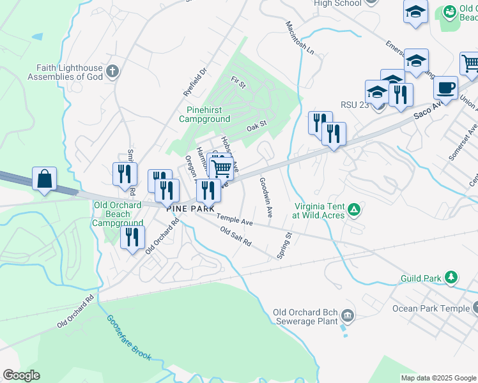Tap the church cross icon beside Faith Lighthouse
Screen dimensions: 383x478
pos(112,71)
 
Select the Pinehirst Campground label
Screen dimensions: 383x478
pos(204,114)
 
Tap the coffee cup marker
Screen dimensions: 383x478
pos(445,87)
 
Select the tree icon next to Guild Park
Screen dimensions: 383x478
pos(451,277)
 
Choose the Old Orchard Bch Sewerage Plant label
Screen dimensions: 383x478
pos(304,317)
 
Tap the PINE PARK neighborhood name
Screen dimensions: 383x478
pos(190,209)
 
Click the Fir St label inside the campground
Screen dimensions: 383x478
pos(238,82)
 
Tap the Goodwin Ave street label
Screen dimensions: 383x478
pos(266,195)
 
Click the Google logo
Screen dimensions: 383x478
pos(22,375)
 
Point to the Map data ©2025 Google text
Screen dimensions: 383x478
pos(438,378)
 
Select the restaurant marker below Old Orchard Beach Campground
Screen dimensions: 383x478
pos(131,238)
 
